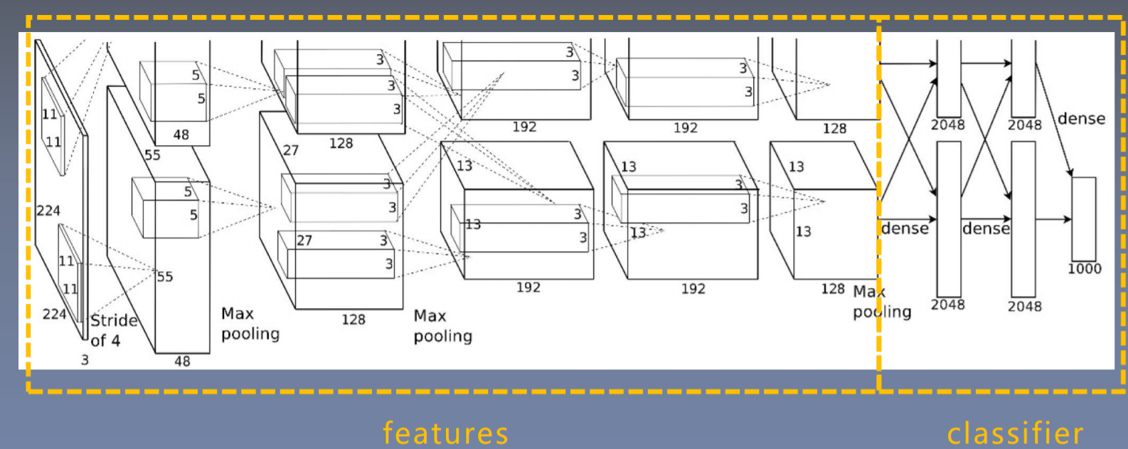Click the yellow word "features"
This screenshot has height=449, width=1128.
(x=445, y=433)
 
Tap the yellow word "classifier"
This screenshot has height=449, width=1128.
(x=1015, y=433)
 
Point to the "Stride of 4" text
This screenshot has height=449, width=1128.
(x=113, y=330)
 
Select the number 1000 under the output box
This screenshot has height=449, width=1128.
(x=1084, y=269)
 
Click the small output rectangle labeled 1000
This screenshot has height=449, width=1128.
(x=1083, y=218)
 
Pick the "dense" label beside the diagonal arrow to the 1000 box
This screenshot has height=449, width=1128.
(x=1081, y=119)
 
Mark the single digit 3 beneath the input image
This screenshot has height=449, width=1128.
(x=85, y=360)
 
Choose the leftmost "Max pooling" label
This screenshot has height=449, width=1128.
(x=250, y=324)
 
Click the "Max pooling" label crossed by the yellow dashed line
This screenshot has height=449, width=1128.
(x=881, y=302)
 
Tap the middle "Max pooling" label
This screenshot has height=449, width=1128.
(x=442, y=326)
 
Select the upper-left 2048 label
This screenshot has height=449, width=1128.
(x=948, y=125)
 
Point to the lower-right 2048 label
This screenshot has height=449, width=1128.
(x=1024, y=306)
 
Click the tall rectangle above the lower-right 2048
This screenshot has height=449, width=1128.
(x=1023, y=218)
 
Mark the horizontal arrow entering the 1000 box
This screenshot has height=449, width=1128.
(x=1053, y=219)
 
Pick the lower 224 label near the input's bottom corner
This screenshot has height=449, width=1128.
(x=54, y=314)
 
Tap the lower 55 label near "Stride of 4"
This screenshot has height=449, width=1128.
(x=164, y=276)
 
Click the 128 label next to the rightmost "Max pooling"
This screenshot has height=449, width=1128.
(x=833, y=289)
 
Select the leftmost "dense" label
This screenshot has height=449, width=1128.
(x=905, y=228)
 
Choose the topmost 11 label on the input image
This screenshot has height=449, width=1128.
(x=49, y=115)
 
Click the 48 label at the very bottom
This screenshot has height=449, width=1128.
(x=182, y=361)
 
